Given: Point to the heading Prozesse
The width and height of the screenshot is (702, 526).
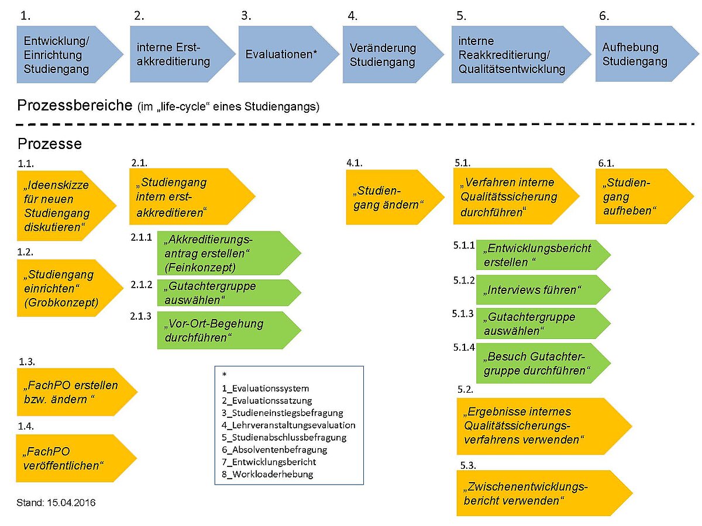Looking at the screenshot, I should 50,144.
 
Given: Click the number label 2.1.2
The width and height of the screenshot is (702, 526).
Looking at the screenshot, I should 142,285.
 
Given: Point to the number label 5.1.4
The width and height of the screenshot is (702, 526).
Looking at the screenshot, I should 463,348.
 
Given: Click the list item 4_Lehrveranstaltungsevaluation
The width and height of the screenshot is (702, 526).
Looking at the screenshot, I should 288,425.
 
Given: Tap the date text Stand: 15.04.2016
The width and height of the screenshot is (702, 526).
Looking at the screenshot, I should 56,503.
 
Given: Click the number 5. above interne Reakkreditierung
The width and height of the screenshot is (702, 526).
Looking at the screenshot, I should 460,16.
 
